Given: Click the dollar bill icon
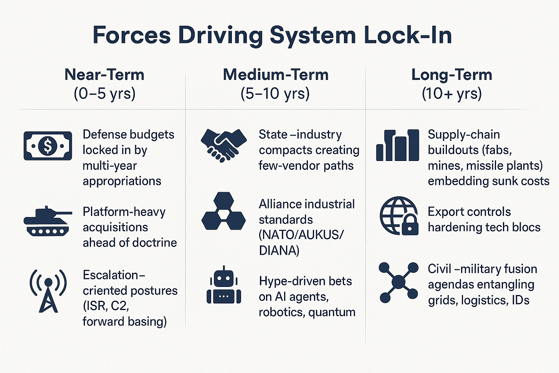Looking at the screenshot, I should coord(48,146).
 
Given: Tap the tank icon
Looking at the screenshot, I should coord(47,221).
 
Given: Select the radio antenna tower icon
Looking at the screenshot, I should coord(48,290).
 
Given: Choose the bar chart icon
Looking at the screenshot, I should coord(397,145).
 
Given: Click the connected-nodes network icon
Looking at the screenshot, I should coord(399,282).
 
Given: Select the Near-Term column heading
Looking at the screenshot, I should coord(104,75).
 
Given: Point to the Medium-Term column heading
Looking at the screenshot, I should coord(276,75).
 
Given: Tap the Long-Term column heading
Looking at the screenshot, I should coord(451,75).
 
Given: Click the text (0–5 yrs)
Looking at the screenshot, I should coord(104,93).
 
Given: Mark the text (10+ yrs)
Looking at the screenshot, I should coord(451,93).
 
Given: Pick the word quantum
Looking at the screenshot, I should coord(332,312).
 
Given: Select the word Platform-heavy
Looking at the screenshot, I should coord(124,212).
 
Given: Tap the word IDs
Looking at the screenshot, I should coord(520,300).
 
